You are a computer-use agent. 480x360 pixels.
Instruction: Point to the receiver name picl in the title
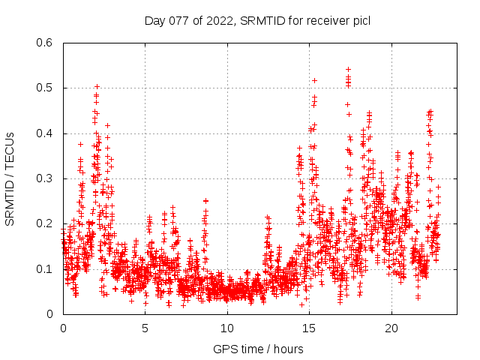pos(361,20)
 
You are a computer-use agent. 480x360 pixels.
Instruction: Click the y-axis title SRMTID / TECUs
pos(10,178)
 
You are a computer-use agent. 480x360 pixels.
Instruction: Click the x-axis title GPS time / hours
pos(258,349)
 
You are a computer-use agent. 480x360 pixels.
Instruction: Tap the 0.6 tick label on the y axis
pos(45,43)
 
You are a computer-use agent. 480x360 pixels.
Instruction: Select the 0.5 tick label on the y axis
pos(45,88)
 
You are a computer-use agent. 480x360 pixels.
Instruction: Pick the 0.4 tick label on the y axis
pos(45,133)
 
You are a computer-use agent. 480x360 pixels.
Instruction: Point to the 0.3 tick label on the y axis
pos(45,178)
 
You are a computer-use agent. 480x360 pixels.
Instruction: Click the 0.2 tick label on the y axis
pos(45,223)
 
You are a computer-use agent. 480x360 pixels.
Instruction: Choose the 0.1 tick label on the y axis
pos(45,268)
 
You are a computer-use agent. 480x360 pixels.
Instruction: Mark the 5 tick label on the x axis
pos(145,328)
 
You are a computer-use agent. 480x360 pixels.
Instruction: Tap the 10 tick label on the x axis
pos(227,328)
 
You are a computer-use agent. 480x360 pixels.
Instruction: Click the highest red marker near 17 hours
pos(348,69)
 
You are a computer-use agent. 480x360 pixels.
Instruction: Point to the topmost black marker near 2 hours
pos(97,86)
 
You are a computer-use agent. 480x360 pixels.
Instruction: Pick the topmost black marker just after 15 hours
pos(314,80)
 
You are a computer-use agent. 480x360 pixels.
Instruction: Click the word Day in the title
pos(154,20)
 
